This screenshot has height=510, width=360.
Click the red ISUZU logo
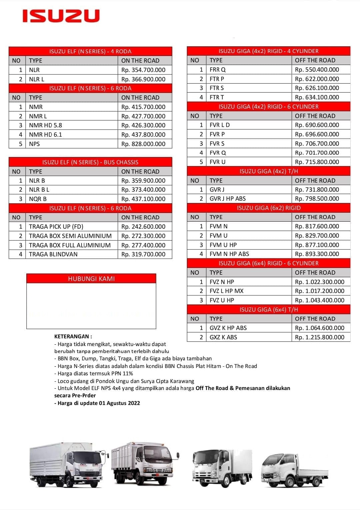click(x=61, y=16)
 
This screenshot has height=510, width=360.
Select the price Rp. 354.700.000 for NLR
click(x=143, y=70)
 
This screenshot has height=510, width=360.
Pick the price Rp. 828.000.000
click(x=143, y=144)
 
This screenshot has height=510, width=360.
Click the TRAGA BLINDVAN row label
click(x=53, y=254)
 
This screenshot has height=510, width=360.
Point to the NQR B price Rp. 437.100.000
click(x=143, y=199)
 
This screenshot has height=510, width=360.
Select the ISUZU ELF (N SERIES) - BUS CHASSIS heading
click(x=90, y=162)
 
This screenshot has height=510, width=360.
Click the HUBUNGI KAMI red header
click(x=91, y=279)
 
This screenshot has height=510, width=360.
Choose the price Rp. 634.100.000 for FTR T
click(x=317, y=97)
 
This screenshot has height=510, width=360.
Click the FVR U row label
click(x=218, y=162)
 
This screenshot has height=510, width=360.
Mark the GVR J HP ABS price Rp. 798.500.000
click(x=317, y=199)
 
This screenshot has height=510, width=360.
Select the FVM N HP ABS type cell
click(x=229, y=254)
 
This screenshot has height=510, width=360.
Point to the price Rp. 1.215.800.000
click(x=320, y=337)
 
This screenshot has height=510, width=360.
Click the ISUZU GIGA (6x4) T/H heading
click(x=269, y=310)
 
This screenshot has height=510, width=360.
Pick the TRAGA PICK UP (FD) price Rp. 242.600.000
click(x=143, y=227)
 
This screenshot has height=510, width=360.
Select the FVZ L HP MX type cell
click(x=227, y=291)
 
